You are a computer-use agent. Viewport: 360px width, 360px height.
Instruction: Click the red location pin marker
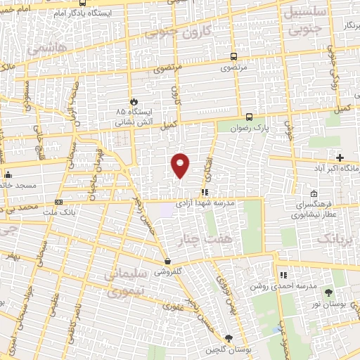[x=180, y=165]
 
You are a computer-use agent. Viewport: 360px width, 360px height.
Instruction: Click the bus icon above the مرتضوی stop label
[x=234, y=58]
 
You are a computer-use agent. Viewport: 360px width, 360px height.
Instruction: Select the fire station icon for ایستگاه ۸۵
[x=132, y=101]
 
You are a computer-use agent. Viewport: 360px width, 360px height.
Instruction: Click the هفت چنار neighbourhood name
[x=209, y=240]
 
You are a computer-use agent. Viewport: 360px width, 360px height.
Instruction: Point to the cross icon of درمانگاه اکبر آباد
[x=340, y=157]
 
